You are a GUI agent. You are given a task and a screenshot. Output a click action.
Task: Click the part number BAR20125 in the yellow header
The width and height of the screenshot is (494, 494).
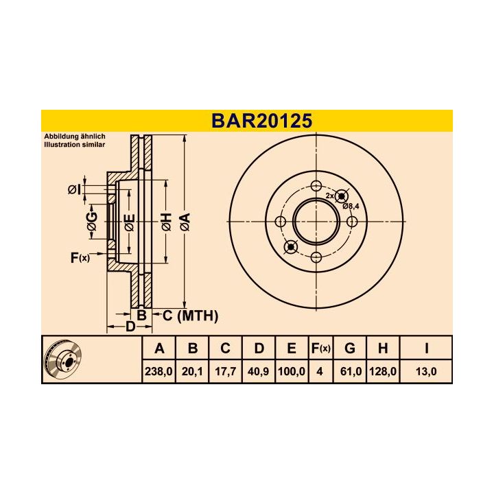(262, 121)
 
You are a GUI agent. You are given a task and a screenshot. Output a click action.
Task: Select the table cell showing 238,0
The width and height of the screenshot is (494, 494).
(158, 371)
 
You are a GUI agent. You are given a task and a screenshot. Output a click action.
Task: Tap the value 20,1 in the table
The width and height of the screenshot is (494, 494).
(192, 371)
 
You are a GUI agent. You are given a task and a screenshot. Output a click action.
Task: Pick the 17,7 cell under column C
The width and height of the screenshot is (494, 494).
(225, 371)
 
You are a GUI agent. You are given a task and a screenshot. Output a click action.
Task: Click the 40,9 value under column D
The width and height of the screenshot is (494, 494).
(259, 371)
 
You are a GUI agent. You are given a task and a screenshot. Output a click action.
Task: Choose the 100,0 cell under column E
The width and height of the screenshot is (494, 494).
(292, 371)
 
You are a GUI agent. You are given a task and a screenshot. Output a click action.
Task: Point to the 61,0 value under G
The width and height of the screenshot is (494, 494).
(351, 371)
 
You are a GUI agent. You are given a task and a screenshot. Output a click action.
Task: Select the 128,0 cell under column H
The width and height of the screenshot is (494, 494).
(383, 371)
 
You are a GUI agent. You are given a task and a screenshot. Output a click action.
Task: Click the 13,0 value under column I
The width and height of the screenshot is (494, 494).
(426, 371)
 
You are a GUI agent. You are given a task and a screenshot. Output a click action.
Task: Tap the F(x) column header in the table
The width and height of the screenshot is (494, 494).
(320, 349)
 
